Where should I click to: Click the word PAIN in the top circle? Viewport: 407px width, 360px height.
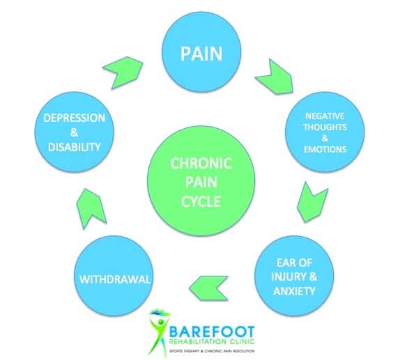pyautogui.click(x=201, y=54)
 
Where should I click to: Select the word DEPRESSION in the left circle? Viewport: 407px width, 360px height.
pyautogui.click(x=75, y=118)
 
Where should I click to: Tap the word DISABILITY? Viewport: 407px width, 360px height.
pyautogui.click(x=75, y=147)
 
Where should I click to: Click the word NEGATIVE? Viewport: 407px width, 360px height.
pyautogui.click(x=325, y=116)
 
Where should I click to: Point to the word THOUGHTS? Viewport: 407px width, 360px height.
pyautogui.click(x=325, y=127)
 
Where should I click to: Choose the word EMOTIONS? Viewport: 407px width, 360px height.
pyautogui.click(x=325, y=150)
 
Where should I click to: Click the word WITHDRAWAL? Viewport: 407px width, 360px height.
pyautogui.click(x=115, y=279)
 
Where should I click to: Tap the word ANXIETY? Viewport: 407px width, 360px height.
pyautogui.click(x=294, y=291)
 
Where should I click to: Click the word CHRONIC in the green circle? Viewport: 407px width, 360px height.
pyautogui.click(x=201, y=164)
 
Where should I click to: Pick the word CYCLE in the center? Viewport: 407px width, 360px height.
pyautogui.click(x=201, y=201)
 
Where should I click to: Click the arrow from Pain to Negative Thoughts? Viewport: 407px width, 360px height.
pyautogui.click(x=275, y=77)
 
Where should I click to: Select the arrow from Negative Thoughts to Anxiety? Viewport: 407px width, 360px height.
pyautogui.click(x=312, y=203)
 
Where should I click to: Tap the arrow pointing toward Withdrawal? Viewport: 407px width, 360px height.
pyautogui.click(x=209, y=288)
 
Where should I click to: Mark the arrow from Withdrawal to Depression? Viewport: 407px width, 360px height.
pyautogui.click(x=91, y=209)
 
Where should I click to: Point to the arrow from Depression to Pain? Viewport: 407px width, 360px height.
pyautogui.click(x=123, y=72)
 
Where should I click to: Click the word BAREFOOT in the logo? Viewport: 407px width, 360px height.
pyautogui.click(x=212, y=332)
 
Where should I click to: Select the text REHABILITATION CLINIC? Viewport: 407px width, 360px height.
pyautogui.click(x=212, y=342)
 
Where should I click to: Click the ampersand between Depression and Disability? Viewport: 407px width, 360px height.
pyautogui.click(x=75, y=132)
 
